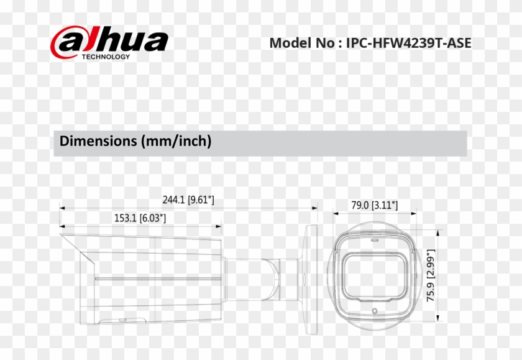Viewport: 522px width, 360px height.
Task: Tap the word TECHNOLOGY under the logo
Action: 106,57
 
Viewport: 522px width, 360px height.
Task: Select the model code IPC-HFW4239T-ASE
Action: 408,43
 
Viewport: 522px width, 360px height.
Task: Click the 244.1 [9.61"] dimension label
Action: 188,200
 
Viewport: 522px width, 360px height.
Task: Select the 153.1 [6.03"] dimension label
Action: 140,218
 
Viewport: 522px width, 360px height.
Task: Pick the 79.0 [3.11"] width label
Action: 374,205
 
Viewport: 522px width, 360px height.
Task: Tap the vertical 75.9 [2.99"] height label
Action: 430,276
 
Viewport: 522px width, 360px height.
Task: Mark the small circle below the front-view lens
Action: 374,311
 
